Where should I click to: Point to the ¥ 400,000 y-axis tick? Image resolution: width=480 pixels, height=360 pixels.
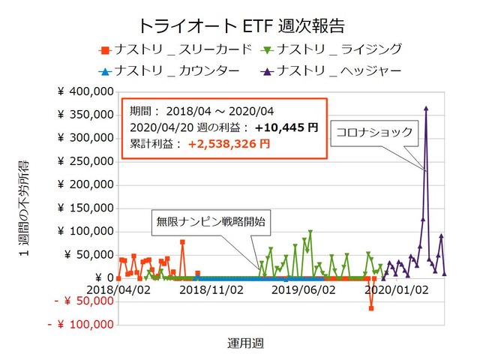click(x=85, y=91)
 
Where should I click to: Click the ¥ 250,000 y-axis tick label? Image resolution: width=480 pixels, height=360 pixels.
click(x=85, y=161)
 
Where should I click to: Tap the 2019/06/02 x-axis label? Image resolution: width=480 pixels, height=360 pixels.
click(x=303, y=289)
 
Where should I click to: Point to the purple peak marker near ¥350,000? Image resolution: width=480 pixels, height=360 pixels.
click(x=426, y=108)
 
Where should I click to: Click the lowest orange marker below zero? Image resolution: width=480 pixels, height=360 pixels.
click(x=371, y=308)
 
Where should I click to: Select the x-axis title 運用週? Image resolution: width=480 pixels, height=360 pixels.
click(x=245, y=343)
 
